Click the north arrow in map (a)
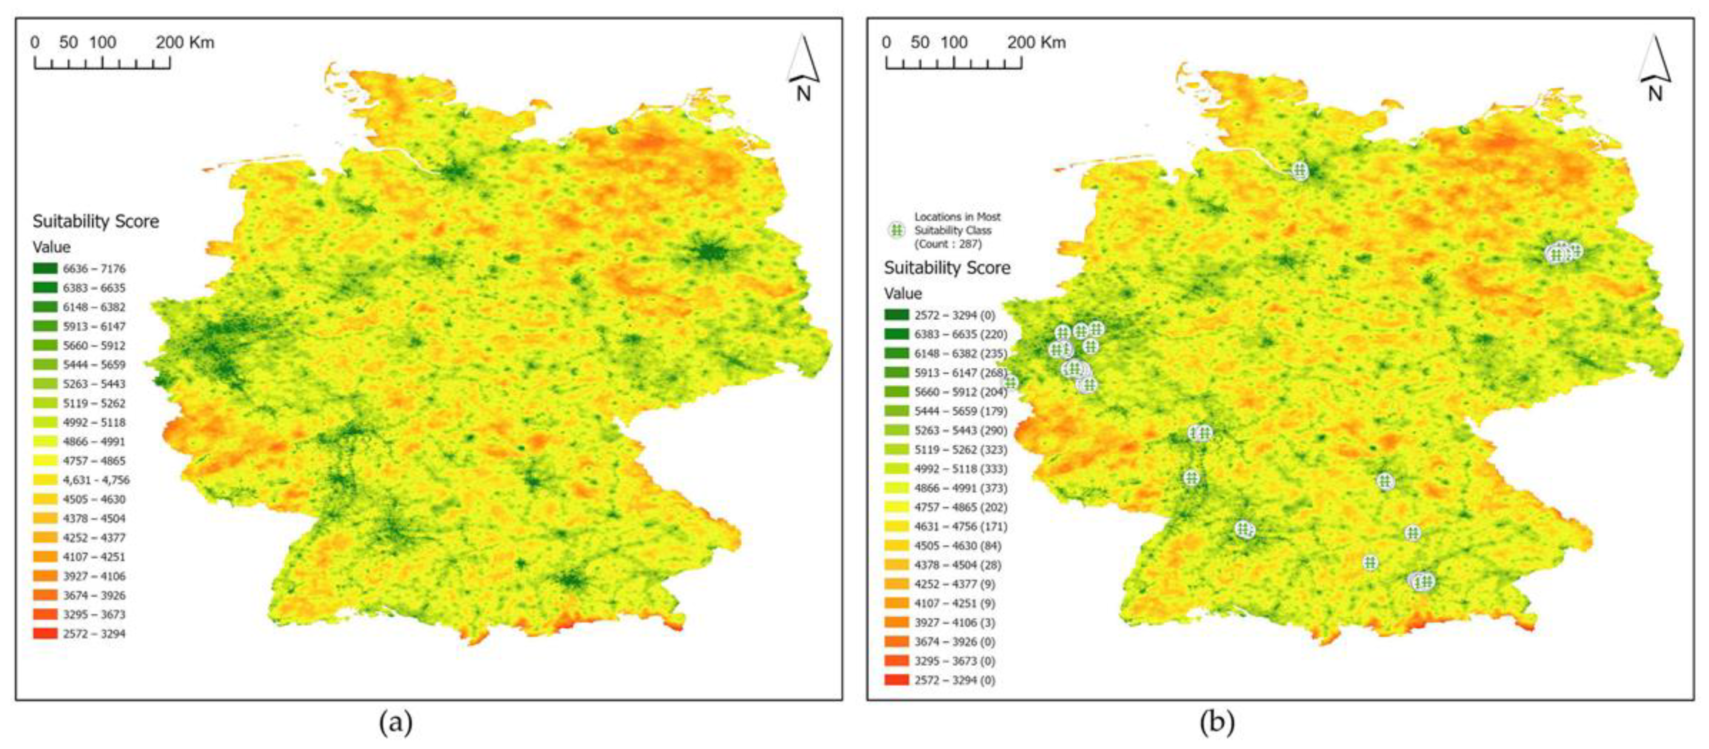click(x=803, y=67)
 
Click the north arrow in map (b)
click(x=1654, y=67)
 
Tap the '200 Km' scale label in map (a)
click(x=185, y=43)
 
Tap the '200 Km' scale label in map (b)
click(x=1036, y=43)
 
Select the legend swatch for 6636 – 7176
click(x=45, y=268)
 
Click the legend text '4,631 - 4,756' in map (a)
click(x=96, y=479)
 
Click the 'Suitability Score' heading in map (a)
click(x=95, y=221)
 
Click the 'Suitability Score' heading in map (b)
click(x=946, y=268)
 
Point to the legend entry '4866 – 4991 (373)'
click(x=960, y=488)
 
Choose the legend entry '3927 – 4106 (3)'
click(x=954, y=622)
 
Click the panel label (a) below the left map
click(x=395, y=722)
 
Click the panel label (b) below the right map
click(x=1216, y=722)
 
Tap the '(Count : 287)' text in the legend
click(x=947, y=244)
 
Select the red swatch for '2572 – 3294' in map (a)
click(x=45, y=633)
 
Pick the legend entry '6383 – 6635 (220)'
click(x=960, y=334)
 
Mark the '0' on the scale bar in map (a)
click(x=34, y=43)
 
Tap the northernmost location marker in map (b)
click(x=1299, y=171)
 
